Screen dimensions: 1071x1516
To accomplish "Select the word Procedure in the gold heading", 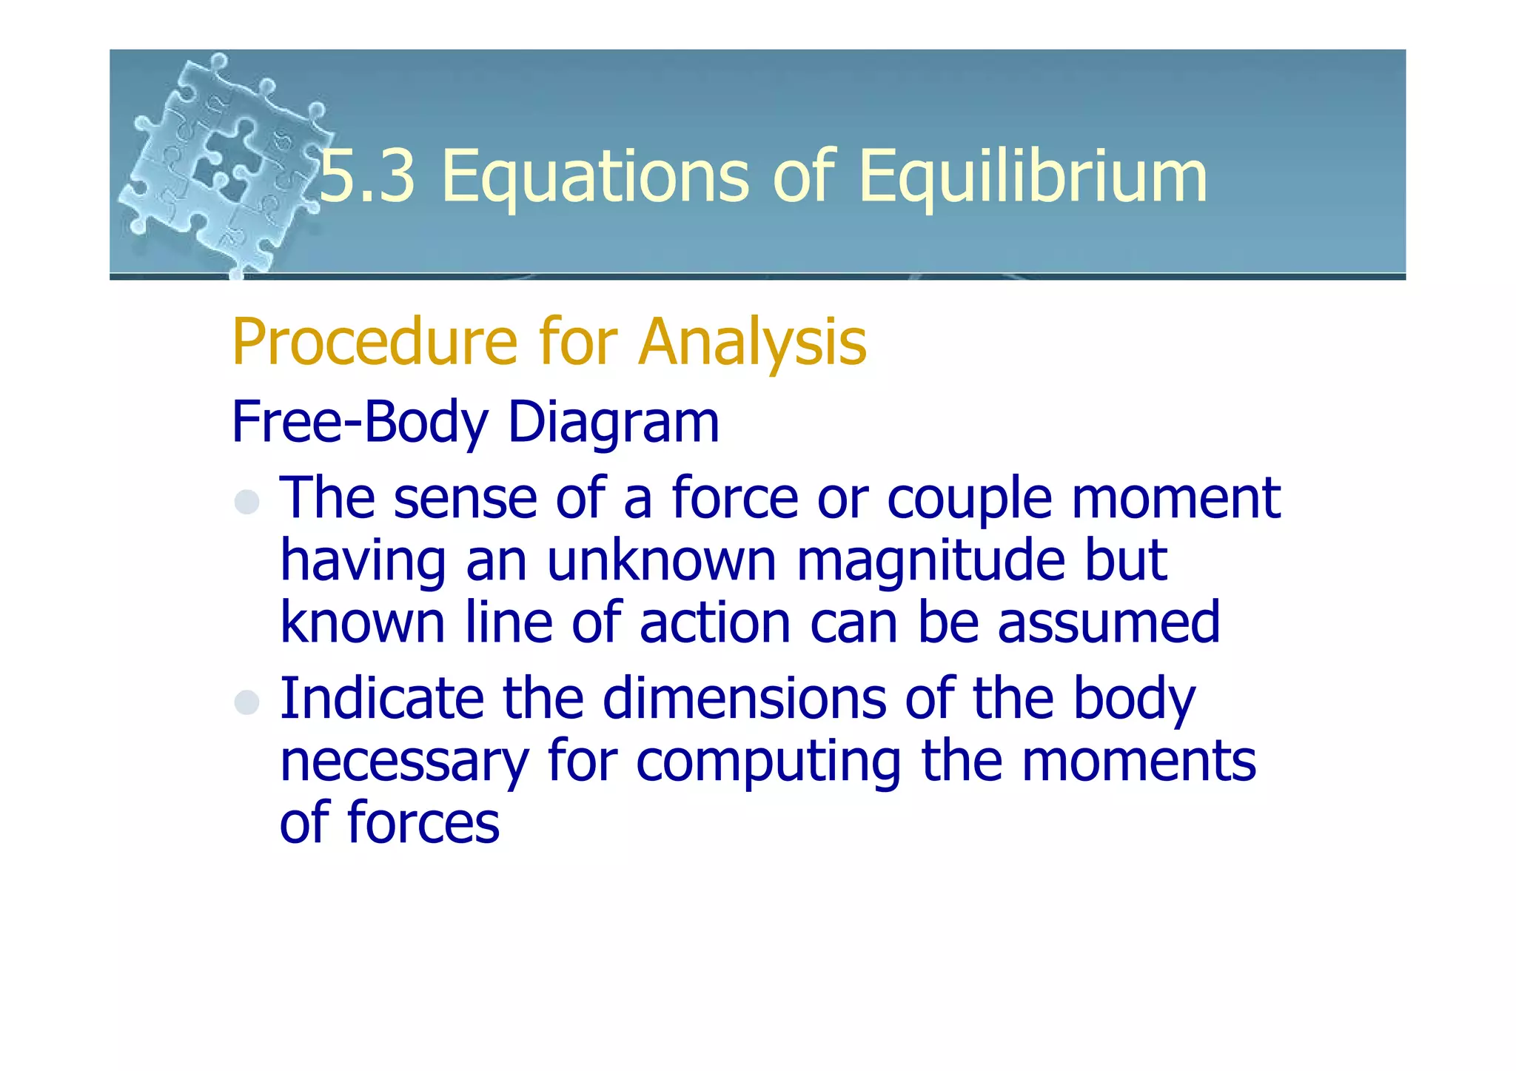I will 374,342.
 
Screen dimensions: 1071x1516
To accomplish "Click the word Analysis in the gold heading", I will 752,342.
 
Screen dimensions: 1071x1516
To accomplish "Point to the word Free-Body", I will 360,422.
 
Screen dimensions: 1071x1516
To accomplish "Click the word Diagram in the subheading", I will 614,422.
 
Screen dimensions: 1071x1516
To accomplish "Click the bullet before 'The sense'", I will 246,502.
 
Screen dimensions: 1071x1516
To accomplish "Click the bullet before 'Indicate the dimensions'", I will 246,702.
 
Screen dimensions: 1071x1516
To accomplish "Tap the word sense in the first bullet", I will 465,499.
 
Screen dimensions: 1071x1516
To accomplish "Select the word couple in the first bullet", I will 969,499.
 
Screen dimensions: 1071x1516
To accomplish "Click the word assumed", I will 1108,623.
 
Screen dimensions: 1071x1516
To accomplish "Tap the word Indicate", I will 381,699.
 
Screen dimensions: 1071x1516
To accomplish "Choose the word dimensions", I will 743,699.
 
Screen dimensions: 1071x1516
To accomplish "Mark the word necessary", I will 404,762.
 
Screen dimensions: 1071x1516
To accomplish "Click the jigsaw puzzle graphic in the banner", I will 222,163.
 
